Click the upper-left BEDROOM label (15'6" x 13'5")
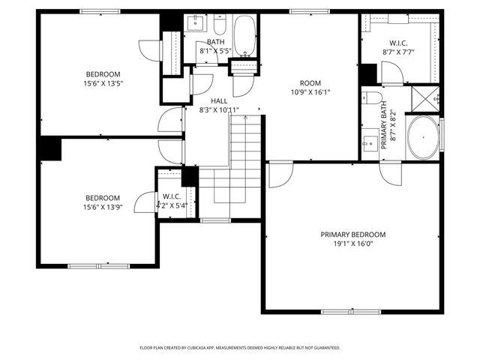[103, 73]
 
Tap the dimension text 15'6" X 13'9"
[103, 207]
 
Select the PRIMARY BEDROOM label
[352, 234]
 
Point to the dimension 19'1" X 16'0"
[352, 244]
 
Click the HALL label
[219, 100]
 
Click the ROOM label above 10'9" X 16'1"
[310, 83]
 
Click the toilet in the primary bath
[368, 97]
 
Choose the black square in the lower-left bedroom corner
[50, 148]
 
